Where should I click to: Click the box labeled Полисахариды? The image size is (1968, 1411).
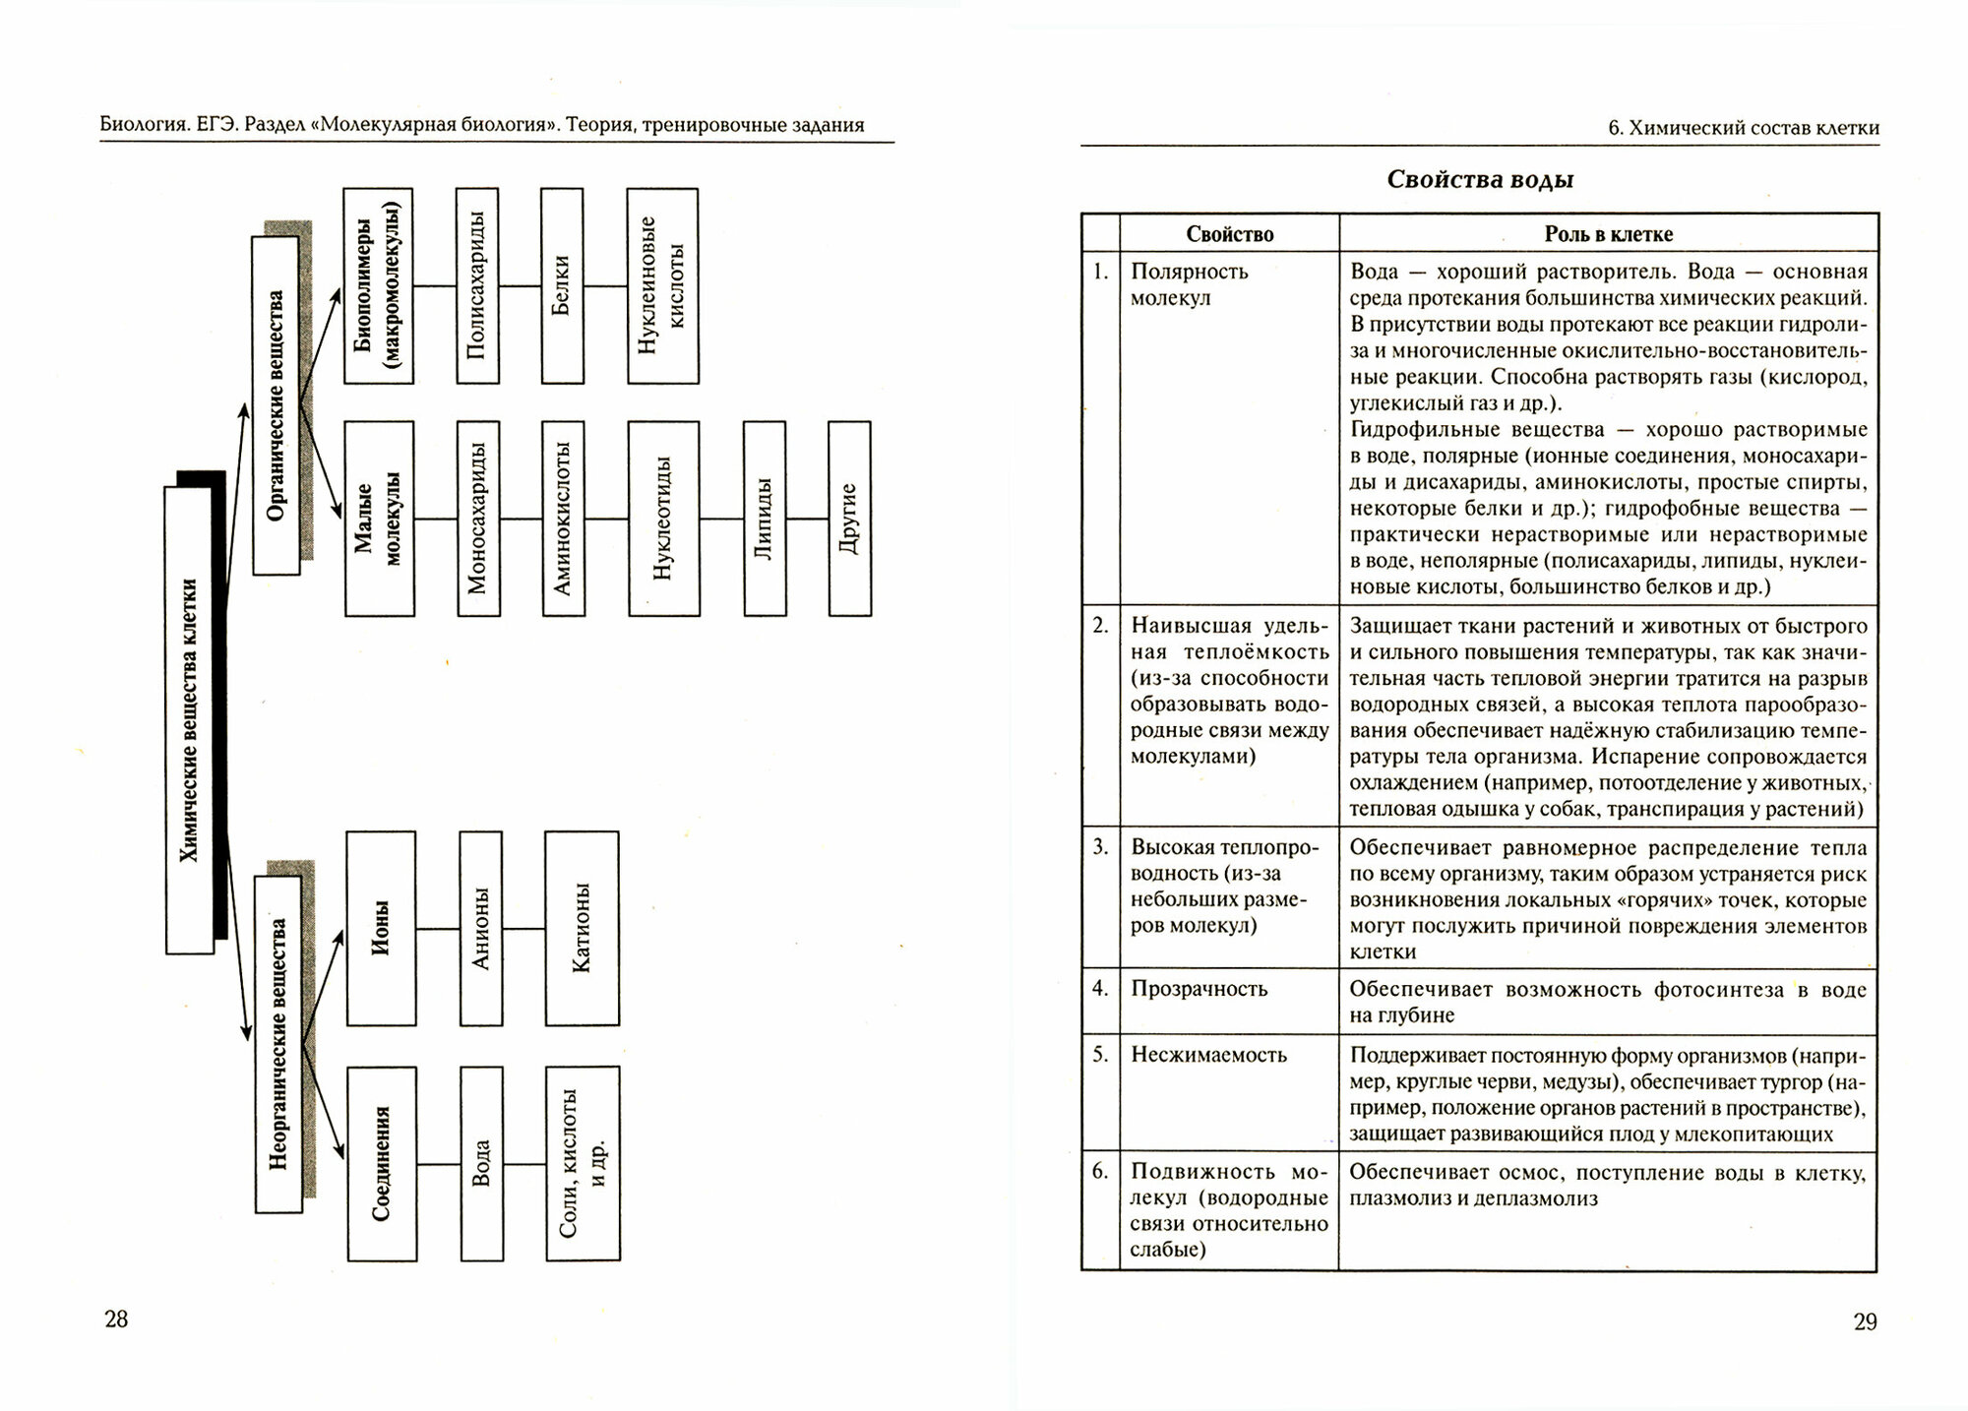pyautogui.click(x=477, y=285)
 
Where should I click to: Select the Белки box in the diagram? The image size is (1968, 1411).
pyautogui.click(x=562, y=285)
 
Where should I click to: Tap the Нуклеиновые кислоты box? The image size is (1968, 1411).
pyautogui.click(x=662, y=285)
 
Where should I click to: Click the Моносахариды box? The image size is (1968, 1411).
pyautogui.click(x=478, y=519)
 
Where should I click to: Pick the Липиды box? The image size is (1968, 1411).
pyautogui.click(x=764, y=519)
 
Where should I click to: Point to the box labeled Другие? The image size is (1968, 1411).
pyautogui.click(x=849, y=519)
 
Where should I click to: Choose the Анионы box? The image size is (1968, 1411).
pyautogui.click(x=480, y=928)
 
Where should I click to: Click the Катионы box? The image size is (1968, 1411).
pyautogui.click(x=582, y=928)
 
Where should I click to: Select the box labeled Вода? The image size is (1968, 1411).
pyautogui.click(x=481, y=1163)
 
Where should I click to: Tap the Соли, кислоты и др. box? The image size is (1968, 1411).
pyautogui.click(x=583, y=1163)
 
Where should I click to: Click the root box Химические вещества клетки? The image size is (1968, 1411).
pyautogui.click(x=190, y=720)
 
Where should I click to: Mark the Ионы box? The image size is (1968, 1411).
pyautogui.click(x=381, y=928)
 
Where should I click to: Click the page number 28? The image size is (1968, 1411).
pyautogui.click(x=116, y=1319)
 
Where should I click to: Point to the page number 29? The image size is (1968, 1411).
pyautogui.click(x=1865, y=1321)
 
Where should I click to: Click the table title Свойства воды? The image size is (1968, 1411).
pyautogui.click(x=1480, y=180)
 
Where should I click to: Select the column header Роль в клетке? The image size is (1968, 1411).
pyautogui.click(x=1608, y=234)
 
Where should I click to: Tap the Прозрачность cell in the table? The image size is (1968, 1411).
pyautogui.click(x=1199, y=989)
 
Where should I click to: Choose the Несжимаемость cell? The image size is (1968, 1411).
pyautogui.click(x=1208, y=1055)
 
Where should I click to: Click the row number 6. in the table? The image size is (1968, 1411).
pyautogui.click(x=1100, y=1171)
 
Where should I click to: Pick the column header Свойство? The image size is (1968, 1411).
pyautogui.click(x=1229, y=234)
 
